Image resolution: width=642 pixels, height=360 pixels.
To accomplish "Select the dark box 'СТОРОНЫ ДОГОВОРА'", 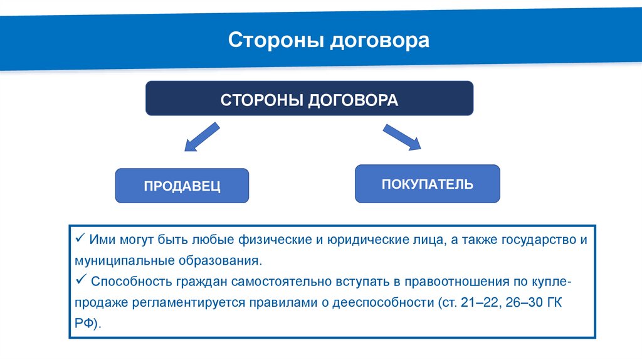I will pyautogui.click(x=309, y=99).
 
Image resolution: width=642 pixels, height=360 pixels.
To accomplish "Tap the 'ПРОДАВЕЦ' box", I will pyautogui.click(x=182, y=186).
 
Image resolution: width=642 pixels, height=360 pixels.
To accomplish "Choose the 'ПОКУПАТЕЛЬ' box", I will pyautogui.click(x=427, y=184).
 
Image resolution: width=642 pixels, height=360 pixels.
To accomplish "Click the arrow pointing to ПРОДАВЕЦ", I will pyautogui.click(x=201, y=137).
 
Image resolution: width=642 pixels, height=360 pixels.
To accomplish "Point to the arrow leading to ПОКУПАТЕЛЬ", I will pyautogui.click(x=402, y=137).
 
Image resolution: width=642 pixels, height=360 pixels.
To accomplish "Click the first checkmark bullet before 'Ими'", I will pyautogui.click(x=80, y=238).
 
